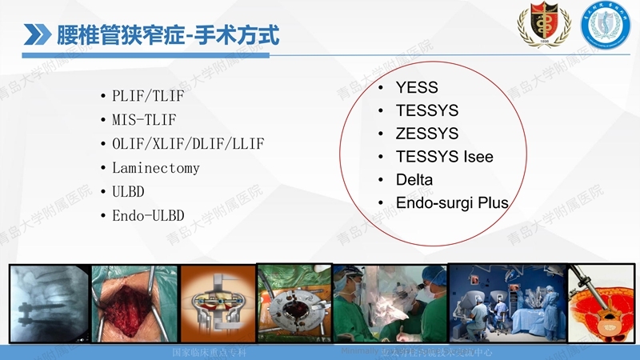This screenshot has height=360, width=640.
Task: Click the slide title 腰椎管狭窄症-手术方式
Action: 168,34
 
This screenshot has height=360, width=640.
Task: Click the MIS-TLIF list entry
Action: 144,120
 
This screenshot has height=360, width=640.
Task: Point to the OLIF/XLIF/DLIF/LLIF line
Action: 188,144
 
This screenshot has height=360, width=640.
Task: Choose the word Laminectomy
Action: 156,168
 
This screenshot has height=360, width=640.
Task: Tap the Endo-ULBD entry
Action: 148,216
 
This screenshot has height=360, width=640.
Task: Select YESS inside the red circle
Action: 417,87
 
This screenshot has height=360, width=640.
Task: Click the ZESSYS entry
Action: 427,133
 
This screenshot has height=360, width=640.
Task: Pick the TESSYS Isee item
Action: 445,156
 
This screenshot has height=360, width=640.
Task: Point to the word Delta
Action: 414,179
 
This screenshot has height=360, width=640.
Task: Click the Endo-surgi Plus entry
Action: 452,202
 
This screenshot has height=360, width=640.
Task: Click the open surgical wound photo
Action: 134,304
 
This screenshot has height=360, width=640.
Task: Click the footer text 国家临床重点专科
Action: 210,352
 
